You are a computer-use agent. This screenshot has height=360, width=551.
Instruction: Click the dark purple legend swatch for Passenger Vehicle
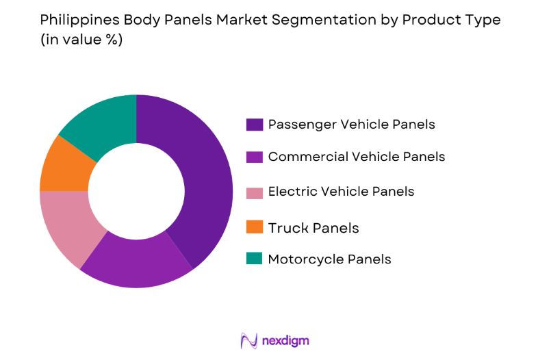(254, 125)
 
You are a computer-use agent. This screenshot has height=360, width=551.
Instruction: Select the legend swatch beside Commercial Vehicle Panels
(254, 157)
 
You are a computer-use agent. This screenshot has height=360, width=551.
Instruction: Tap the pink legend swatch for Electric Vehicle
(254, 192)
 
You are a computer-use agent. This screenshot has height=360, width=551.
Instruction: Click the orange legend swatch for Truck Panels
(254, 227)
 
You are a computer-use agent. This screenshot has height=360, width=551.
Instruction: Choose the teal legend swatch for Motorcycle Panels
(254, 259)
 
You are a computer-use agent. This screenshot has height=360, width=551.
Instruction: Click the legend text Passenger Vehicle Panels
(351, 125)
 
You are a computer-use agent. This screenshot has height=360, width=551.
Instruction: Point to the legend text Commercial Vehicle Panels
(356, 157)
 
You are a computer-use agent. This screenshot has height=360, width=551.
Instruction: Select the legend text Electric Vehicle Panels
(341, 192)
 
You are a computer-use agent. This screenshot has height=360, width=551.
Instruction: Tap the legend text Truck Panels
(313, 227)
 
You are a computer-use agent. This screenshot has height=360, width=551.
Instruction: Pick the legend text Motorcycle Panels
(329, 259)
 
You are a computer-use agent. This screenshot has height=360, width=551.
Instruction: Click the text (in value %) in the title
(81, 40)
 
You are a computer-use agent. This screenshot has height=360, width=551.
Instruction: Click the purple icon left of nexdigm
(248, 340)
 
